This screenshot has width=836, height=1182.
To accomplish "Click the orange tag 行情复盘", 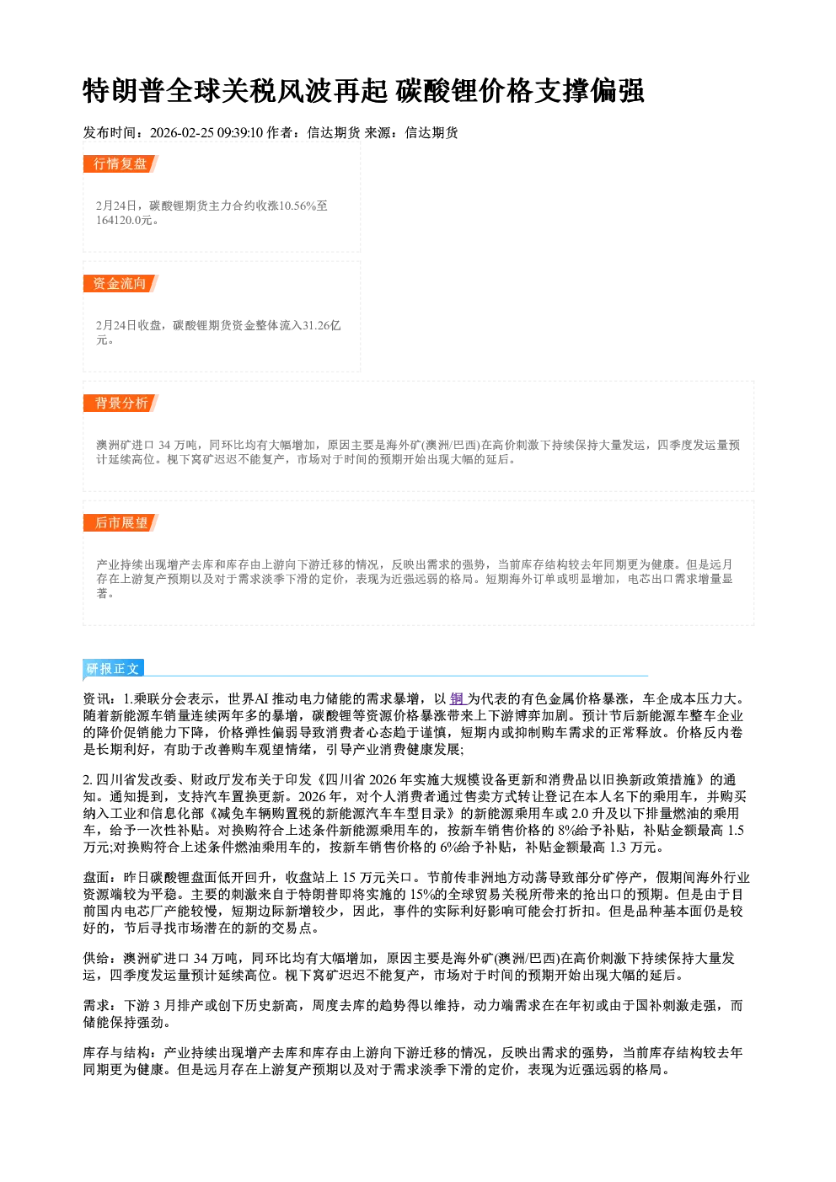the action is click(121, 163).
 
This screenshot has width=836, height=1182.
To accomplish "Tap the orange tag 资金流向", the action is click(121, 283).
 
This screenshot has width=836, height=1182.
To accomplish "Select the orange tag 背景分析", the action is click(121, 404).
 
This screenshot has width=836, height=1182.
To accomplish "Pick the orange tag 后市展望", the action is click(121, 523).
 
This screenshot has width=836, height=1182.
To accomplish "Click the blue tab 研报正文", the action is click(113, 669).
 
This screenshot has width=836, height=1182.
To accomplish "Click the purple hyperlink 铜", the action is click(457, 699).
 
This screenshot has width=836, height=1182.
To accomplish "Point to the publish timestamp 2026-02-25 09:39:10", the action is click(206, 132).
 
